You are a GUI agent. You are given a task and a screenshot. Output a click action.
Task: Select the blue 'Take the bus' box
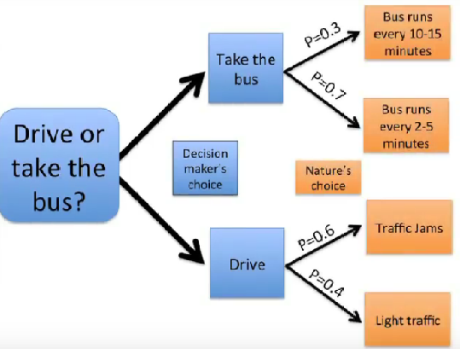click(x=245, y=69)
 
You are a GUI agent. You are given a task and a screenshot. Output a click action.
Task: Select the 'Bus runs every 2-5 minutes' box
click(x=405, y=126)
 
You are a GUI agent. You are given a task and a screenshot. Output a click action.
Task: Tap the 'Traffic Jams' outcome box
click(x=406, y=229)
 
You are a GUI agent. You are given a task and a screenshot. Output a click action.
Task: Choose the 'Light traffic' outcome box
click(x=407, y=321)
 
